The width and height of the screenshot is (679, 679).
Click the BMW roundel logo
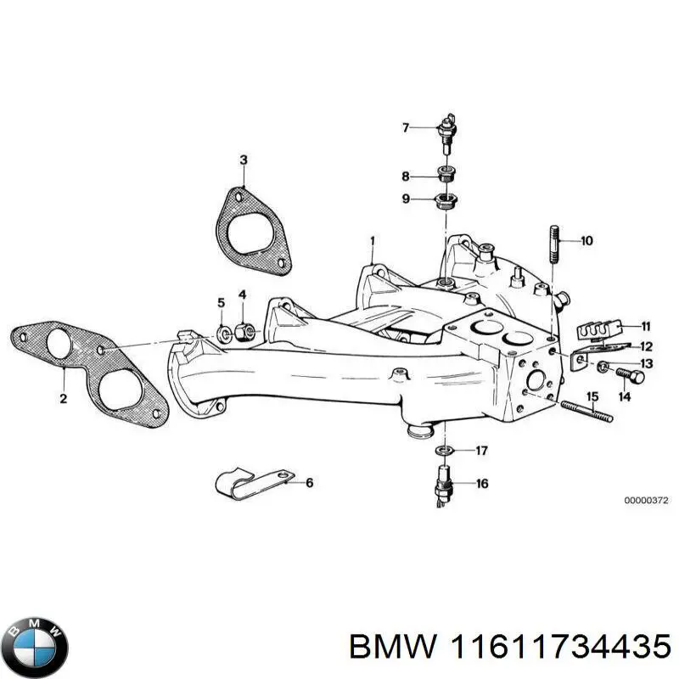(34, 643)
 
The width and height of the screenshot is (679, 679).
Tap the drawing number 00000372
(647, 501)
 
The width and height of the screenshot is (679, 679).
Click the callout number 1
(371, 241)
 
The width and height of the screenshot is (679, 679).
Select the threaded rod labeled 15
(586, 410)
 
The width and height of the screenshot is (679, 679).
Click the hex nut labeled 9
(444, 200)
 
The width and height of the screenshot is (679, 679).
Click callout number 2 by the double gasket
(63, 399)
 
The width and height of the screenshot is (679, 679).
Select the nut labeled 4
(240, 329)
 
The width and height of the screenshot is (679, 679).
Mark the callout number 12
(646, 346)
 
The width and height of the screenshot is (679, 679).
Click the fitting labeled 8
(444, 176)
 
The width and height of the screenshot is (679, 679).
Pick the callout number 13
(646, 363)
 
